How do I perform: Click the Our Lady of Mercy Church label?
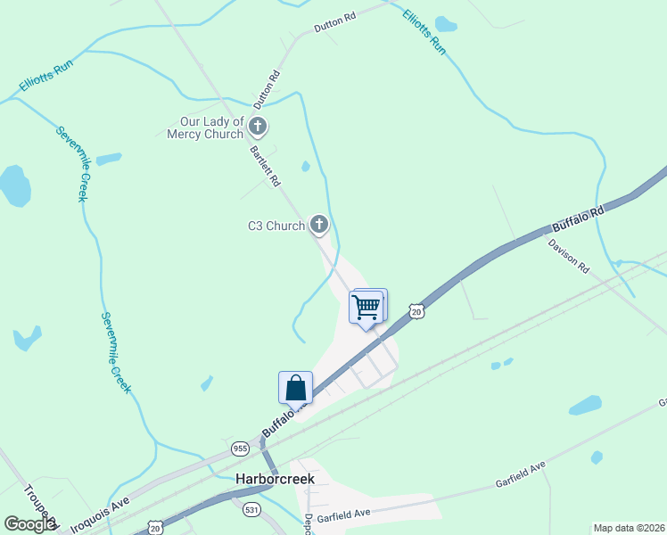tap(205, 128)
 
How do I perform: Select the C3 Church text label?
tap(276, 226)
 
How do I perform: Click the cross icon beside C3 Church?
tap(319, 225)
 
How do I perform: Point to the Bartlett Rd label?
tap(266, 167)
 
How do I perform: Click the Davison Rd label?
tap(569, 255)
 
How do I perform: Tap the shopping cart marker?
tap(366, 308)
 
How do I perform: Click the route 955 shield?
tap(239, 448)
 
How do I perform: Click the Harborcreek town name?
tap(275, 479)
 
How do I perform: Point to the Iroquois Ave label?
tap(99, 513)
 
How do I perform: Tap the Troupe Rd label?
tap(39, 504)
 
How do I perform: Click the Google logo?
tap(30, 524)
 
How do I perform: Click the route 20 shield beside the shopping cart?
tap(416, 310)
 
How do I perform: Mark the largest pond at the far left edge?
tap(14, 185)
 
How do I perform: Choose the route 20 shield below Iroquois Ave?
tap(157, 528)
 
